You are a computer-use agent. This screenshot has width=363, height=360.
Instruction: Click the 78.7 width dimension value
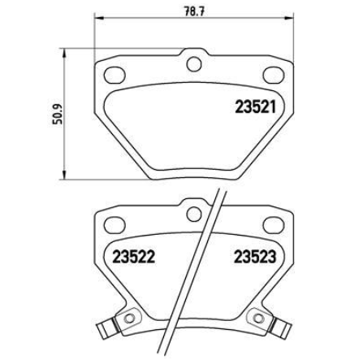(193, 11)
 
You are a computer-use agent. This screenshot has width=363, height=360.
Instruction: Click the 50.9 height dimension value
(58, 114)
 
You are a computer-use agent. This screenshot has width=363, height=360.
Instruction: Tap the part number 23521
(256, 106)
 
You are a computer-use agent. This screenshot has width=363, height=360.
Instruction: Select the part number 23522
(133, 256)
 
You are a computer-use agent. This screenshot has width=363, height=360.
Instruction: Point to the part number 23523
(255, 256)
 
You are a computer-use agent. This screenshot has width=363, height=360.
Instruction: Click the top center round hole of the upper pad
(194, 64)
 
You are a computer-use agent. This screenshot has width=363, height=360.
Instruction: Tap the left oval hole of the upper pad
(115, 75)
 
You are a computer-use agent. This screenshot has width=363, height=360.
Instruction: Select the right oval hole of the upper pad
(274, 75)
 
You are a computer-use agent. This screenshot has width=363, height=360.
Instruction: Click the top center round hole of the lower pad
(194, 214)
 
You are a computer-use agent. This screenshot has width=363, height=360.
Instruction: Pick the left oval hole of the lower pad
(115, 225)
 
